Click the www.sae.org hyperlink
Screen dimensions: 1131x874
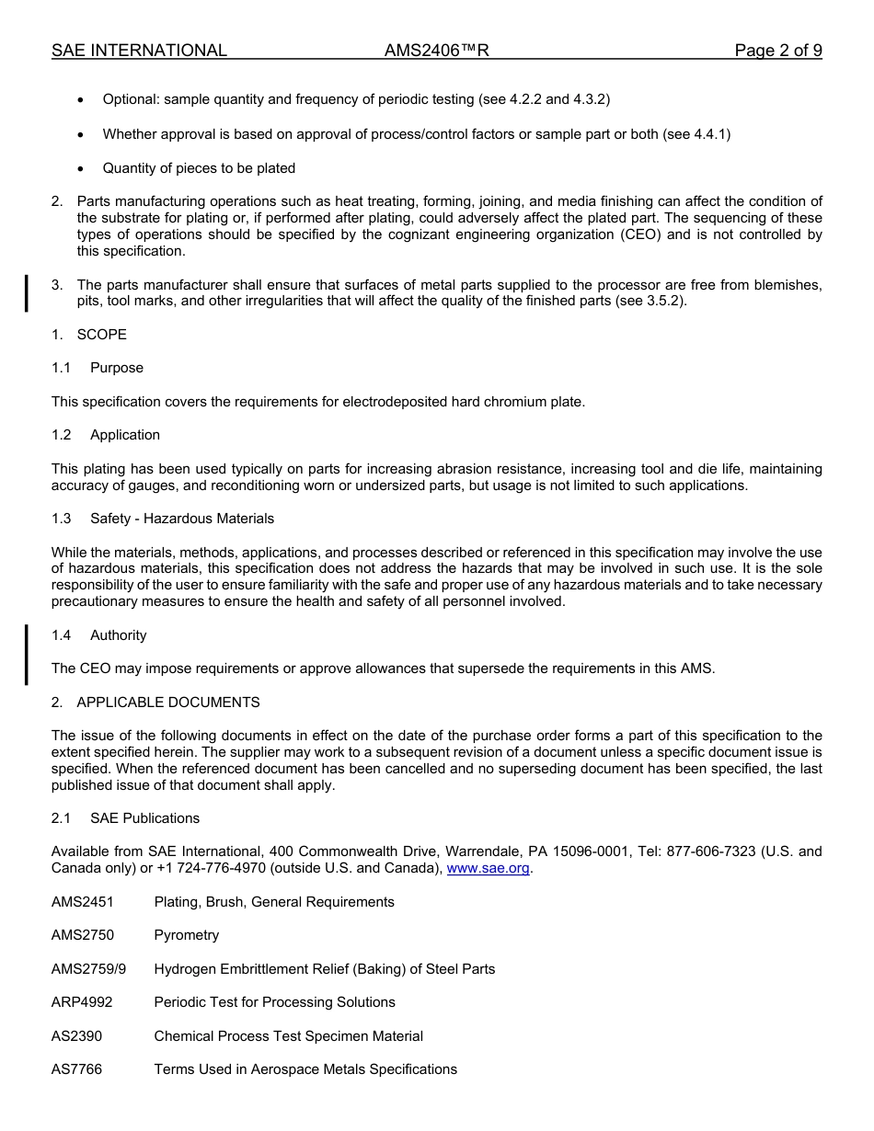click(488, 868)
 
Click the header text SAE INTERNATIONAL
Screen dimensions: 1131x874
click(139, 51)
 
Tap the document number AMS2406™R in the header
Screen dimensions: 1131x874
click(437, 51)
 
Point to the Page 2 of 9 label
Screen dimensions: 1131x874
click(777, 51)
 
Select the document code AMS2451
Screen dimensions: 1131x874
click(83, 902)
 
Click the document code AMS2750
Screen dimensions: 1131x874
click(83, 935)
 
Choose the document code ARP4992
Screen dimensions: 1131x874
click(82, 1002)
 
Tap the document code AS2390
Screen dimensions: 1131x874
click(77, 1036)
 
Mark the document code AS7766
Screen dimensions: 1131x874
click(77, 1069)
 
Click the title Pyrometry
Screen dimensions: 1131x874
click(187, 935)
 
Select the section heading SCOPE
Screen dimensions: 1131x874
click(101, 335)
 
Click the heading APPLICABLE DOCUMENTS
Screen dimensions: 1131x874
click(168, 703)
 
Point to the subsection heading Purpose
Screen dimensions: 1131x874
click(117, 368)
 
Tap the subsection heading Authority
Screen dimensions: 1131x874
click(118, 635)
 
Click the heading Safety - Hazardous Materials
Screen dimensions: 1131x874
click(182, 519)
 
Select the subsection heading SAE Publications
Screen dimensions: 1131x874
click(144, 818)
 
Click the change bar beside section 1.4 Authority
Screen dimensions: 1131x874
click(27, 654)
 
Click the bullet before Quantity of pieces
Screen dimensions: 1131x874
click(82, 169)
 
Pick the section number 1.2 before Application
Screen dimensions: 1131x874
click(62, 435)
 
